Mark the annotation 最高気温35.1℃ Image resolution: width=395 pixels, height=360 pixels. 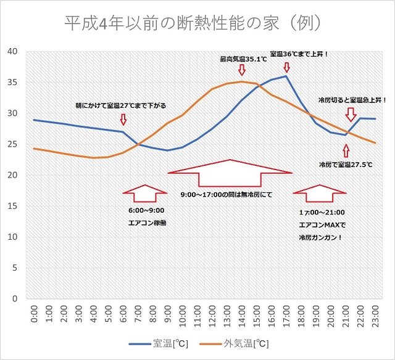(243, 59)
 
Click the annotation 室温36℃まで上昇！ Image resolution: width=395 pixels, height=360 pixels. (299, 54)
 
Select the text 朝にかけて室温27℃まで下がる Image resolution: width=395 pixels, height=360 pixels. (120, 105)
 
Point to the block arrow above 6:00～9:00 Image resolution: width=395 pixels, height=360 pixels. (145, 194)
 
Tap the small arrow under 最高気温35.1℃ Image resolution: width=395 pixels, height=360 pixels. (242, 69)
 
